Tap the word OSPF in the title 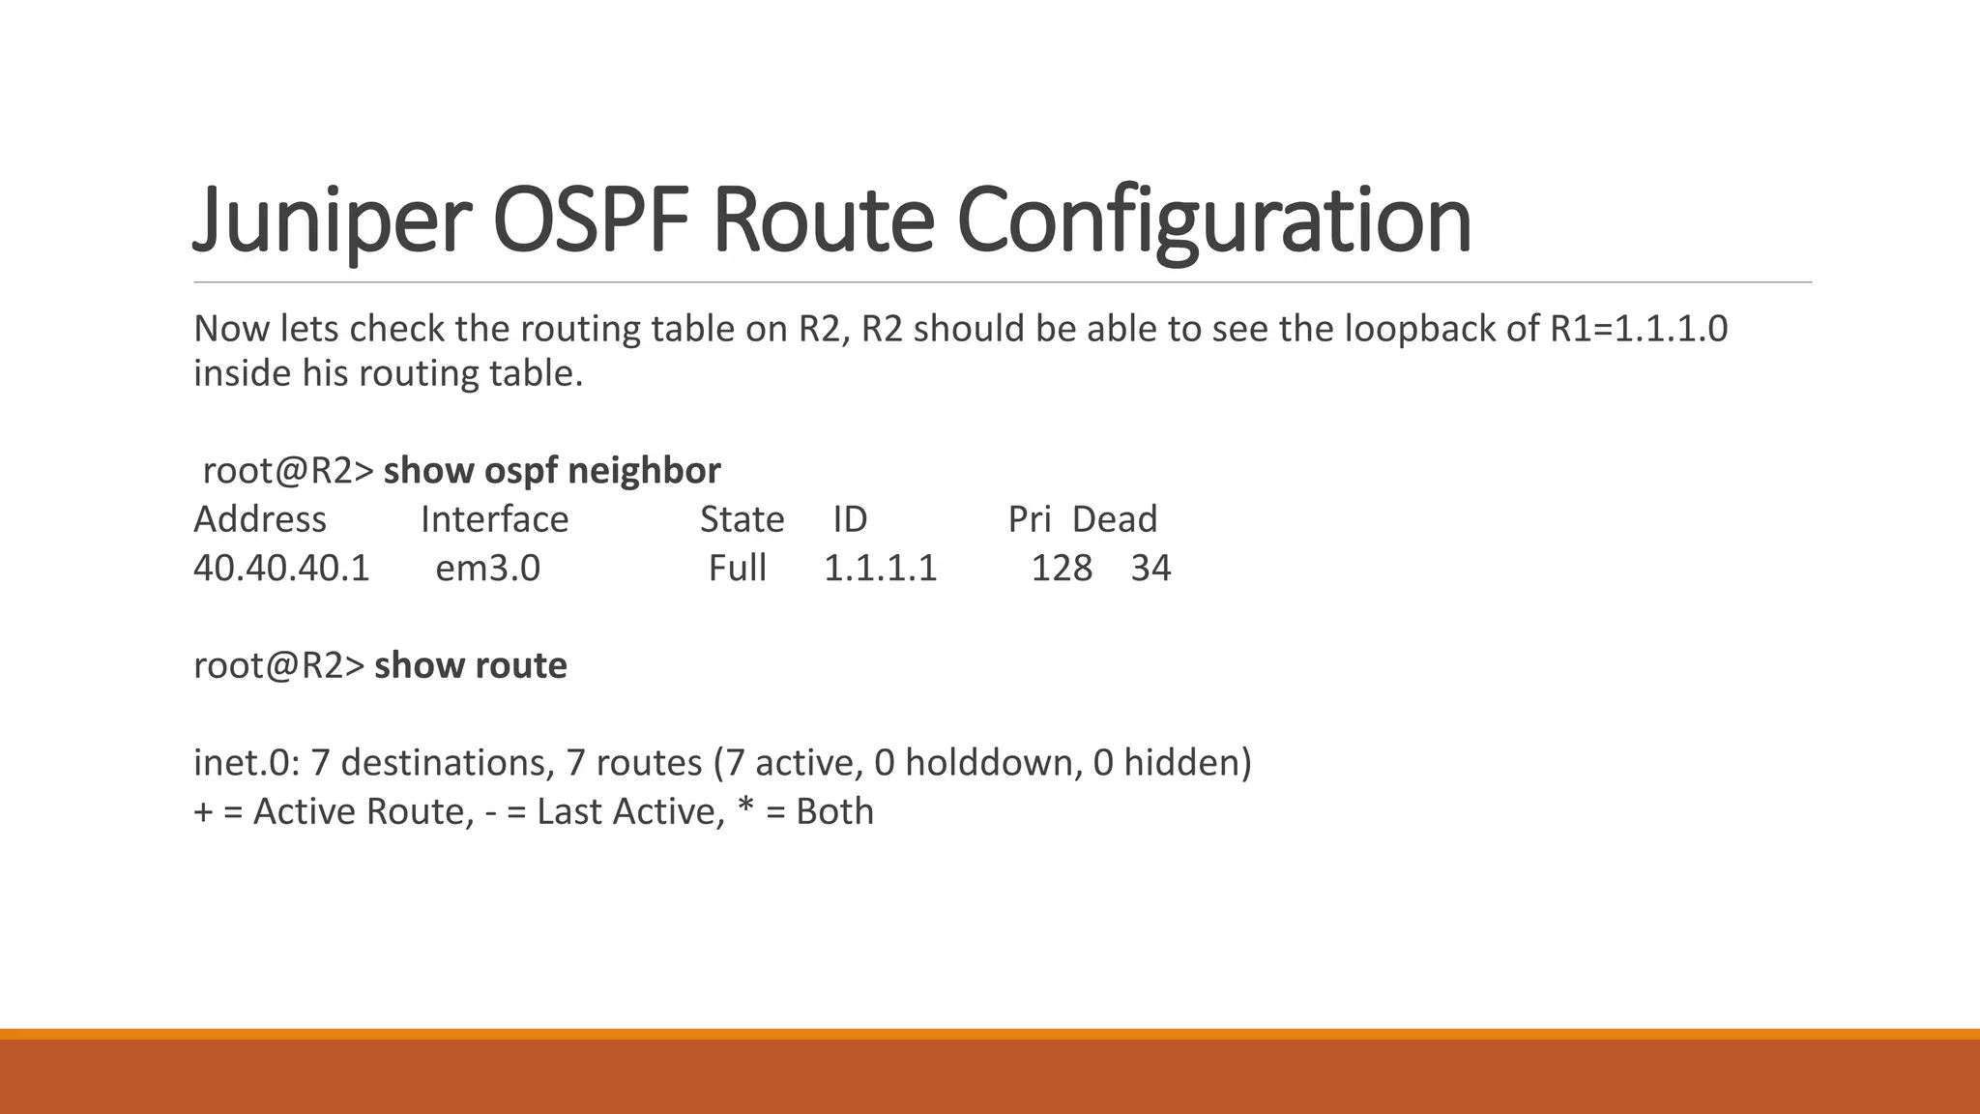[592, 220]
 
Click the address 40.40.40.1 [281, 568]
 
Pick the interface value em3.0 [487, 568]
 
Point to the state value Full [737, 568]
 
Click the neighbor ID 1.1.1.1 [880, 568]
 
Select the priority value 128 [1062, 568]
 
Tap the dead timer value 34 [1150, 568]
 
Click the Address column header [259, 519]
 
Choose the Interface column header [494, 519]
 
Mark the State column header [742, 519]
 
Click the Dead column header [1114, 519]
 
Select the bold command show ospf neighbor [551, 471]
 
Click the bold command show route [470, 665]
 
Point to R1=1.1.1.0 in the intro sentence [1638, 329]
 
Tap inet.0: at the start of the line [247, 763]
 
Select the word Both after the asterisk [834, 811]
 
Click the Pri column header [1029, 519]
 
